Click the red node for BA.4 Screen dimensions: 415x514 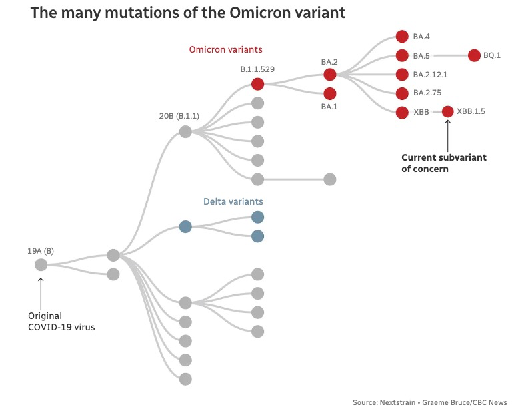401,37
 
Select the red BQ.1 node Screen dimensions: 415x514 474,55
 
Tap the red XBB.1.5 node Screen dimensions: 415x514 447,112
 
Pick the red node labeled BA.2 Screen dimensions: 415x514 330,74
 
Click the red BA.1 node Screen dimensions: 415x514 330,93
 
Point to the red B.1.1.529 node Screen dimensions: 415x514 258,83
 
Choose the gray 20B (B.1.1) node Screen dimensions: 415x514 185,131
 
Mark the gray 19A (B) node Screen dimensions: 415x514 41,265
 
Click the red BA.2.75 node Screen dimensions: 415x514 401,93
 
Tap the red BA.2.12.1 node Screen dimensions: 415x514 401,74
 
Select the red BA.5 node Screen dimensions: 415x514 401,55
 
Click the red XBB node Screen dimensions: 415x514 401,112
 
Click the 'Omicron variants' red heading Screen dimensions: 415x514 225,50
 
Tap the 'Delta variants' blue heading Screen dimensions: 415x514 233,201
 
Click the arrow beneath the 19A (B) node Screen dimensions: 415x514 41,290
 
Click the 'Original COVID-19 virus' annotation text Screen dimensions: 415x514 61,321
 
